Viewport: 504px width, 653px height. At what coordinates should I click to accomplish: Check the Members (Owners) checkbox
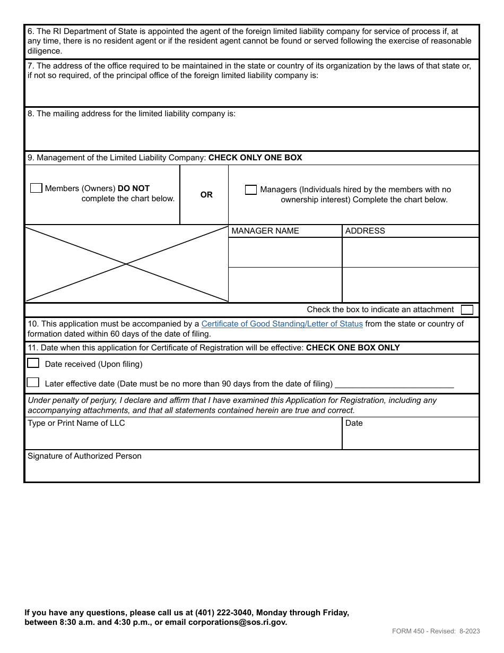36,188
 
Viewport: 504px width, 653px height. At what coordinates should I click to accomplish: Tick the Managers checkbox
251,190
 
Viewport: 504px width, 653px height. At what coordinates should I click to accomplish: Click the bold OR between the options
206,195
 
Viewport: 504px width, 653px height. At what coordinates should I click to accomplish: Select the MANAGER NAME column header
265,231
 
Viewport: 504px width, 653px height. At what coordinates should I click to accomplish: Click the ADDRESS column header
365,231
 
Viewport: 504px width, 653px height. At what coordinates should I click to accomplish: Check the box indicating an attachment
467,310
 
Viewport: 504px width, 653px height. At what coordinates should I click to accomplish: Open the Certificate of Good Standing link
282,324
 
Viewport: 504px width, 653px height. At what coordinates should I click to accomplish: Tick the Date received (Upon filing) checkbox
33,363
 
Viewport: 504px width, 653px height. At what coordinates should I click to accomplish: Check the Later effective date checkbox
33,382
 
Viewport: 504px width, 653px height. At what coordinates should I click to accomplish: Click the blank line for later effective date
394,384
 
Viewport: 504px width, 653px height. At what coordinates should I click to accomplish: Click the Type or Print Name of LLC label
76,423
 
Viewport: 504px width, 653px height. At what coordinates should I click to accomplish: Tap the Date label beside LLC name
354,423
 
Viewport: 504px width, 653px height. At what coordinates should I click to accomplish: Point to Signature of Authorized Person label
84,456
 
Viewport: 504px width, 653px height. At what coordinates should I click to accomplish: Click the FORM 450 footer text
436,631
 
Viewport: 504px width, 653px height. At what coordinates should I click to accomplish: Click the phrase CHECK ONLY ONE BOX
255,158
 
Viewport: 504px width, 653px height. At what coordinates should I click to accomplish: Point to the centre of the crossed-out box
126,264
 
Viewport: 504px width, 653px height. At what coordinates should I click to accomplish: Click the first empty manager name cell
285,252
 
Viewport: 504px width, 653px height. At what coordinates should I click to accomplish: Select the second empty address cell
410,285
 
